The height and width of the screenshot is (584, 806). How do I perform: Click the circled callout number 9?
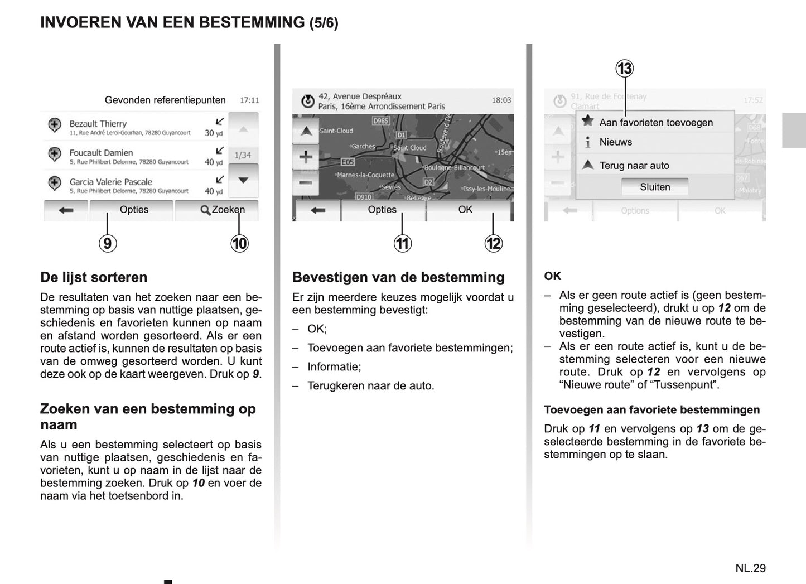pos(108,243)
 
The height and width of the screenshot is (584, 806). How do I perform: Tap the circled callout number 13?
pos(624,69)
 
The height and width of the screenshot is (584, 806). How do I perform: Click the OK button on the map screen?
pos(465,210)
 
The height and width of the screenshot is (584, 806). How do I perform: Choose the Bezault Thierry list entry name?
pos(98,124)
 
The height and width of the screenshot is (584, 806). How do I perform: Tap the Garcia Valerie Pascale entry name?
pos(110,182)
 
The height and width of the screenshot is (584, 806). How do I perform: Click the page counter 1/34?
pos(243,155)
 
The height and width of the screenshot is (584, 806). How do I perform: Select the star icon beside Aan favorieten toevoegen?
pos(587,121)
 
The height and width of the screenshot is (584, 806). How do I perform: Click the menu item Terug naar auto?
pos(634,166)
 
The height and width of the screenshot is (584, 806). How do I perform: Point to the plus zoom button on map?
pos(306,157)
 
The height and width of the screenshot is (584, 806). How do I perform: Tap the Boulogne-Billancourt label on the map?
pos(454,167)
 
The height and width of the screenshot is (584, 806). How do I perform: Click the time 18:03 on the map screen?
pos(501,100)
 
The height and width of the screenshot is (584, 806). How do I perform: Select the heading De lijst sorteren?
pos(94,277)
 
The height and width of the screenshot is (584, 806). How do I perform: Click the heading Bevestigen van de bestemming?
pos(398,277)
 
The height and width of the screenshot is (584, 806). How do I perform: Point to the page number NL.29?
pos(750,568)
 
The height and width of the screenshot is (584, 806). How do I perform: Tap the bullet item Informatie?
pos(334,367)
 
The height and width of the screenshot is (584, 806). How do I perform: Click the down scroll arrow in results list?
pos(243,181)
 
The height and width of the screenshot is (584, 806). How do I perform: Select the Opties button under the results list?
pos(134,210)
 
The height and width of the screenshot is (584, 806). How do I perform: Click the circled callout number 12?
pos(493,243)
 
